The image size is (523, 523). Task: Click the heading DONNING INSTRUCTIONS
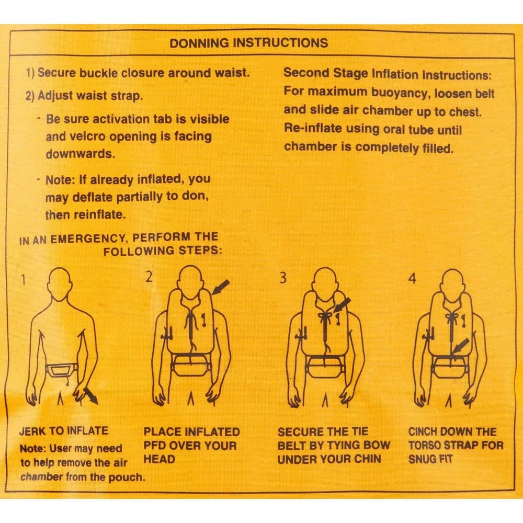(x=249, y=43)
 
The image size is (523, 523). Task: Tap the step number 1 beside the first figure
(x=24, y=279)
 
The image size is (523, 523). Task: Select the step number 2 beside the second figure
(x=149, y=277)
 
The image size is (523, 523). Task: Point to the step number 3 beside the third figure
(x=283, y=278)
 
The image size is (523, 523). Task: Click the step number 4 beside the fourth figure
(x=412, y=278)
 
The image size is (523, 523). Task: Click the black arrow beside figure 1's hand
(x=90, y=396)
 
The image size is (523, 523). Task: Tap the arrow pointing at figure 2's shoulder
(x=221, y=287)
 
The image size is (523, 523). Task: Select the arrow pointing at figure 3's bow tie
(x=342, y=305)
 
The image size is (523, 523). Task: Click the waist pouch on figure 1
(x=62, y=370)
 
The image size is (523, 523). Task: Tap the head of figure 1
(x=60, y=282)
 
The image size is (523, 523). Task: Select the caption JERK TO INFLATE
(x=64, y=430)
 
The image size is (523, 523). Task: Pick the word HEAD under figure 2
(x=160, y=459)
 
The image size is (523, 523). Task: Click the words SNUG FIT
(x=430, y=459)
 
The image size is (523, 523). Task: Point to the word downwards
(x=81, y=154)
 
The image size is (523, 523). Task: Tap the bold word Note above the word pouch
(x=32, y=449)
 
